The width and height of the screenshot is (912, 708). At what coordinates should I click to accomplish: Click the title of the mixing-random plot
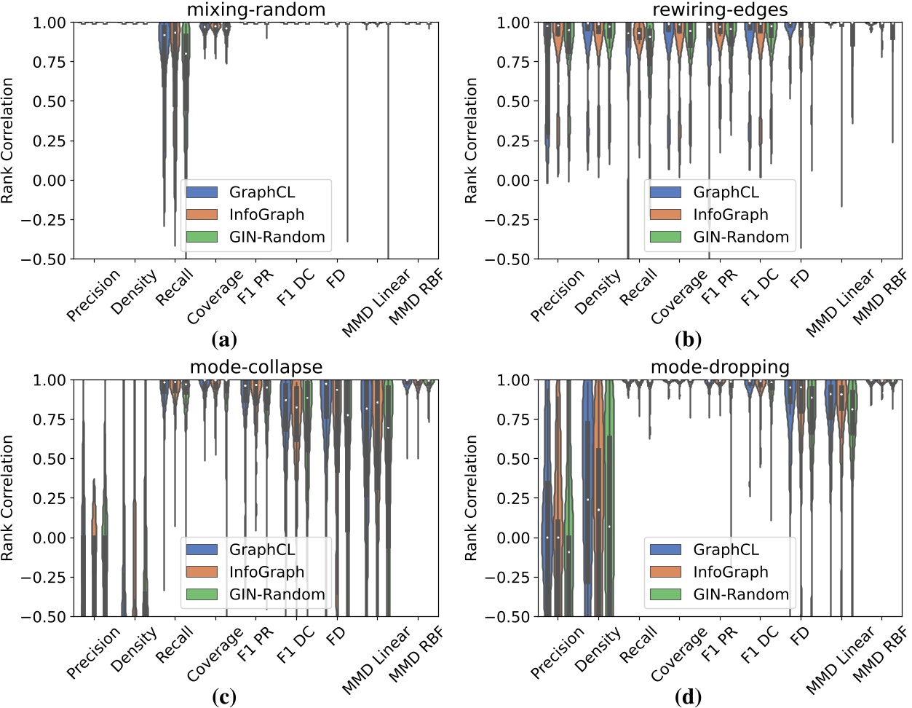pyautogui.click(x=255, y=9)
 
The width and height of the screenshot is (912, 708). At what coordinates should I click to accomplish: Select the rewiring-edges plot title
pyautogui.click(x=719, y=9)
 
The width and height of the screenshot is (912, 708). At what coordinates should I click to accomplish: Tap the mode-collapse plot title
pyautogui.click(x=255, y=366)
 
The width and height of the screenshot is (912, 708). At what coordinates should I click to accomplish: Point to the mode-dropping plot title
pyautogui.click(x=719, y=366)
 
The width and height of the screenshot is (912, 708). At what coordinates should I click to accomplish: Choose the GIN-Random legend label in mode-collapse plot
pyautogui.click(x=277, y=594)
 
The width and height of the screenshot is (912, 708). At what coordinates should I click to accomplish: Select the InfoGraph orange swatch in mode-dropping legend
pyautogui.click(x=665, y=572)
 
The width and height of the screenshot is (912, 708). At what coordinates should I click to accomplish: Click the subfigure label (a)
pyautogui.click(x=223, y=339)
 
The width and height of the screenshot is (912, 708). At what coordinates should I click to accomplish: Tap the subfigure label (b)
pyautogui.click(x=688, y=339)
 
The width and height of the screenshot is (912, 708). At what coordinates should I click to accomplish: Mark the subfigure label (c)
pyautogui.click(x=223, y=697)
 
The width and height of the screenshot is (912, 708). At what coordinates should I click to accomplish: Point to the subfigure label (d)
pyautogui.click(x=688, y=697)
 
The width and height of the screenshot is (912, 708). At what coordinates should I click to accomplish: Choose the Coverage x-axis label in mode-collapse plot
pyautogui.click(x=215, y=654)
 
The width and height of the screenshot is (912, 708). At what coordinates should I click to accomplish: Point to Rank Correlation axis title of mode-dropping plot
pyautogui.click(x=472, y=498)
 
